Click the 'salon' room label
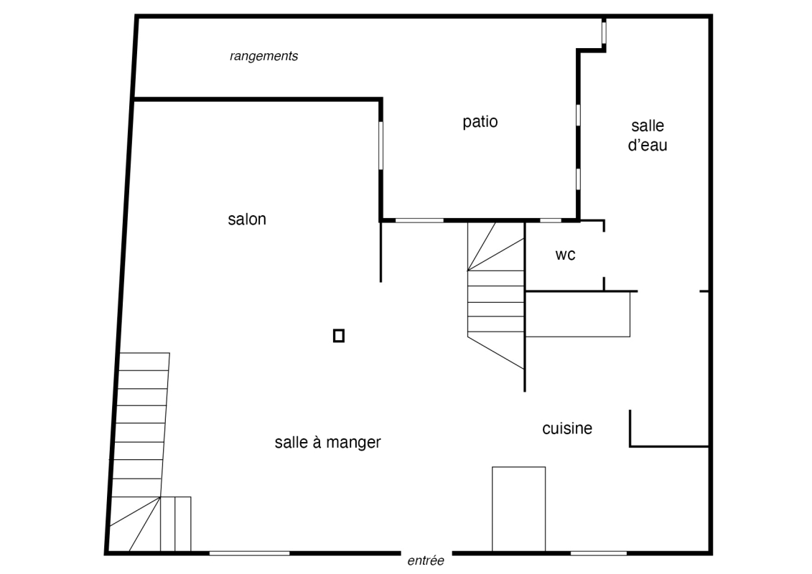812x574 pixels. pyautogui.click(x=247, y=219)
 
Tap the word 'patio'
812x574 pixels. pyautogui.click(x=480, y=122)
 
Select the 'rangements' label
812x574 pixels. pyautogui.click(x=263, y=56)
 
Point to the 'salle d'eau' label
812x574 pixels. pyautogui.click(x=648, y=135)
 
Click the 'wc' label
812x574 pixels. pyautogui.click(x=565, y=255)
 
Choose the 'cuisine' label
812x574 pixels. pyautogui.click(x=567, y=428)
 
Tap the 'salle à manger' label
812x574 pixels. pyautogui.click(x=328, y=442)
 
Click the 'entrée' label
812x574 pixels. pyautogui.click(x=426, y=560)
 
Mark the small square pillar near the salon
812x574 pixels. pyautogui.click(x=339, y=336)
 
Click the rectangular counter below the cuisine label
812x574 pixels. pyautogui.click(x=518, y=509)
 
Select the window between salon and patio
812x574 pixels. pyautogui.click(x=381, y=145)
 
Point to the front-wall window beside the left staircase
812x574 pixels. pyautogui.click(x=249, y=553)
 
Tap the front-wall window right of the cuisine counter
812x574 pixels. pyautogui.click(x=598, y=553)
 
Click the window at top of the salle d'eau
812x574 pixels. pyautogui.click(x=604, y=32)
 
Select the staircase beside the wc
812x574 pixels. pyautogui.click(x=495, y=295)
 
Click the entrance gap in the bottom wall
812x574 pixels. pyautogui.click(x=426, y=552)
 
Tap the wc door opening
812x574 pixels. pyautogui.click(x=604, y=255)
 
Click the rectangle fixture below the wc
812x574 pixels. pyautogui.click(x=578, y=315)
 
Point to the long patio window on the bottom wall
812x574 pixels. pyautogui.click(x=419, y=220)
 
